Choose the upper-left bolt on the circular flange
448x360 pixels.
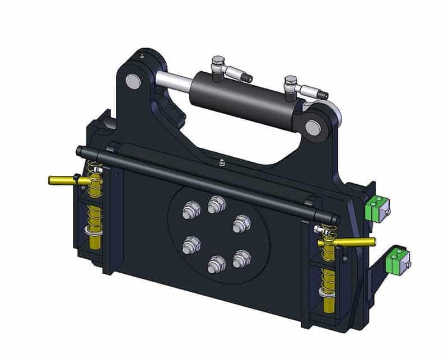(189, 212)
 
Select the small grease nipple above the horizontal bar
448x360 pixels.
(222, 162)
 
